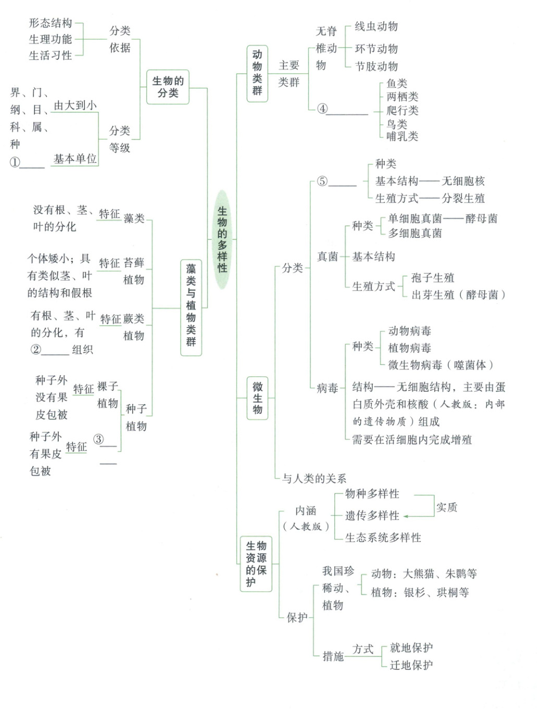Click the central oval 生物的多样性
click(x=222, y=239)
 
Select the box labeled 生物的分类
click(x=168, y=87)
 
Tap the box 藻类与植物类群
click(x=191, y=307)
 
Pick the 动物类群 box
click(x=257, y=73)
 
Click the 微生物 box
click(x=257, y=398)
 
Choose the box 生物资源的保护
click(x=256, y=564)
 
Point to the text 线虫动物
click(x=376, y=27)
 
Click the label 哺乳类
click(x=402, y=136)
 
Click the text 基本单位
click(x=75, y=159)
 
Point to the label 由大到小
click(x=75, y=105)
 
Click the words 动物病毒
click(x=409, y=331)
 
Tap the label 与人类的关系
click(x=314, y=478)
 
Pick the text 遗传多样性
click(x=372, y=516)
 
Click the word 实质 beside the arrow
click(x=446, y=507)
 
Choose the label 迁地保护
click(x=411, y=665)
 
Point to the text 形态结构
click(x=51, y=23)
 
